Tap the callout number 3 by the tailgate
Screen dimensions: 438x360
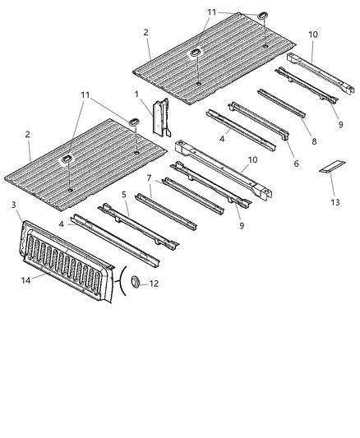14,205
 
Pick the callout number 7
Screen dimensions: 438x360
148,177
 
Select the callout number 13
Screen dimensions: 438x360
334,201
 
